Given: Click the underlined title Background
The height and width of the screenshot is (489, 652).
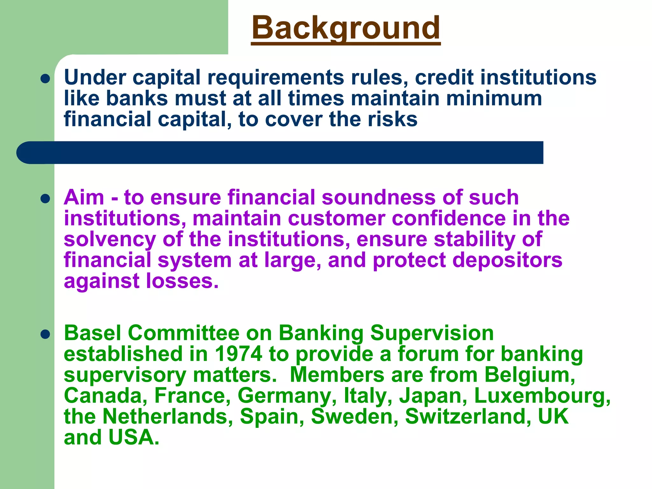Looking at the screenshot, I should [346, 29].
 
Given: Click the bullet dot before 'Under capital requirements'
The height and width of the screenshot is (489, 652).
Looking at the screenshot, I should [46, 79].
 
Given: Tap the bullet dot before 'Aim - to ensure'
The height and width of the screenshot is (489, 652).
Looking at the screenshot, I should [46, 199].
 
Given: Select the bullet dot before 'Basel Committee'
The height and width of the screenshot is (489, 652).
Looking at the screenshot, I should [46, 334].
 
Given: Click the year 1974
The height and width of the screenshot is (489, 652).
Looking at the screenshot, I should [238, 354].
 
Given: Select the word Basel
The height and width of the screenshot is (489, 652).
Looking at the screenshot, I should [92, 333].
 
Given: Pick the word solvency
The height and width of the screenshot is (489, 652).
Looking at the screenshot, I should [110, 240].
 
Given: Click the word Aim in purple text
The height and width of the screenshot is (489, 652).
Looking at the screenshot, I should [84, 197].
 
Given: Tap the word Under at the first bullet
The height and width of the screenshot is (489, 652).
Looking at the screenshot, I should [95, 77].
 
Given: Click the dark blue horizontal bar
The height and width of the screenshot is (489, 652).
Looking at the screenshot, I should [280, 153].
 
